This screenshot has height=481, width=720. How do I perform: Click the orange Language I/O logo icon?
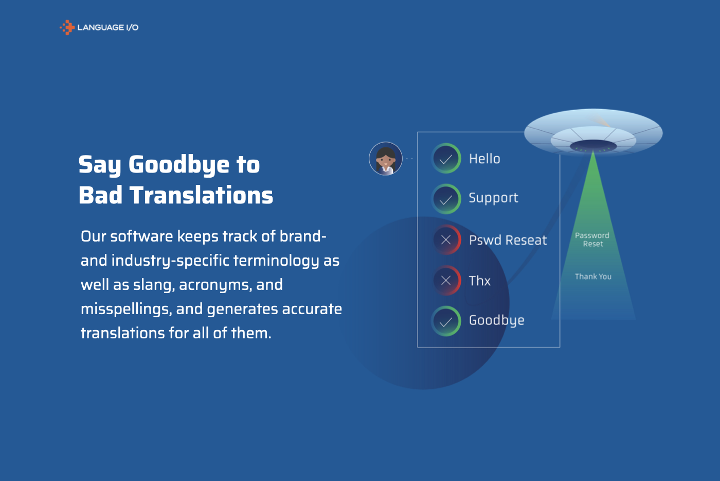(67, 27)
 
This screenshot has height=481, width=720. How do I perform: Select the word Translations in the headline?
(201, 195)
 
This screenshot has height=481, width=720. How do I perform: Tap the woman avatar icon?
(386, 159)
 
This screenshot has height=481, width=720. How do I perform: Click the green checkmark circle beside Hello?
(446, 159)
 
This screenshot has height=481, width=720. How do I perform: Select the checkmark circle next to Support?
(446, 199)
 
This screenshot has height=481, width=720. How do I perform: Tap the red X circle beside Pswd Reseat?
(446, 239)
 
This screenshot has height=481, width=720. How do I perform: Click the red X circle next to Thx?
(446, 280)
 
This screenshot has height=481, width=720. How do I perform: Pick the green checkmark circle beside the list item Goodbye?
(446, 321)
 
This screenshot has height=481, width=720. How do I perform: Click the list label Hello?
(484, 159)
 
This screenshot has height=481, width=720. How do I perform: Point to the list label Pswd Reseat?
(508, 240)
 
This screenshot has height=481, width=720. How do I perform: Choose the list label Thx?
(479, 281)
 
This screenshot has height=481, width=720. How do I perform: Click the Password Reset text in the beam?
(592, 239)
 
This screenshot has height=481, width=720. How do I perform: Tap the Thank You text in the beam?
(593, 277)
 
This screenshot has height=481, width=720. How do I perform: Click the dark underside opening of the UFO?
(593, 146)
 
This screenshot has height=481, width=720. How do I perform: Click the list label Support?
(493, 198)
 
